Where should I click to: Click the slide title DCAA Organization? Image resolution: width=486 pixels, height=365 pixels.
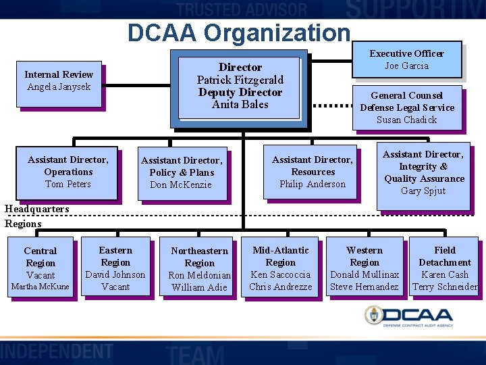240,32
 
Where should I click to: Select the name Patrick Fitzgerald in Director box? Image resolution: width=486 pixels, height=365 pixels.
240,80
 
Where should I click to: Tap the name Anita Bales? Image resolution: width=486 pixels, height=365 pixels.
240,104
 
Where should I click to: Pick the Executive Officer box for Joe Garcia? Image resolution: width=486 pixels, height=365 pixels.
406,59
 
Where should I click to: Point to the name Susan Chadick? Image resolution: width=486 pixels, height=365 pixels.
406,120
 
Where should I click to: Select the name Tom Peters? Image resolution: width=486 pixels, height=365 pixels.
67,184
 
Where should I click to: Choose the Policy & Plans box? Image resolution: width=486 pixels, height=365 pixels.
181,172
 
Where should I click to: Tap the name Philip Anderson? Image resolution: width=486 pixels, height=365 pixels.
312,184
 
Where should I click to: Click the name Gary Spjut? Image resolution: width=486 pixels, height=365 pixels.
423,191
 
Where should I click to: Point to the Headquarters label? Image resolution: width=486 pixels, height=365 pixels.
36,209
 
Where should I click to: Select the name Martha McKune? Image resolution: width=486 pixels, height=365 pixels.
40,287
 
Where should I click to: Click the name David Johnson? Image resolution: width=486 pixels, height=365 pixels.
115,274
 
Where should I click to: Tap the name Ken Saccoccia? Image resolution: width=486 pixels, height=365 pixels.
280,274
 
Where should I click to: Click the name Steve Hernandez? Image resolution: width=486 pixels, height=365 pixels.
364,287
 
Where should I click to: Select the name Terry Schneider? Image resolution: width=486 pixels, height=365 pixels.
445,287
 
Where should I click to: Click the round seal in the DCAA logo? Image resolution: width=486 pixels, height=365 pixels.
373,315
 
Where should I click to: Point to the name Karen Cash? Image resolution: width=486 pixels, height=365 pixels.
445,274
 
